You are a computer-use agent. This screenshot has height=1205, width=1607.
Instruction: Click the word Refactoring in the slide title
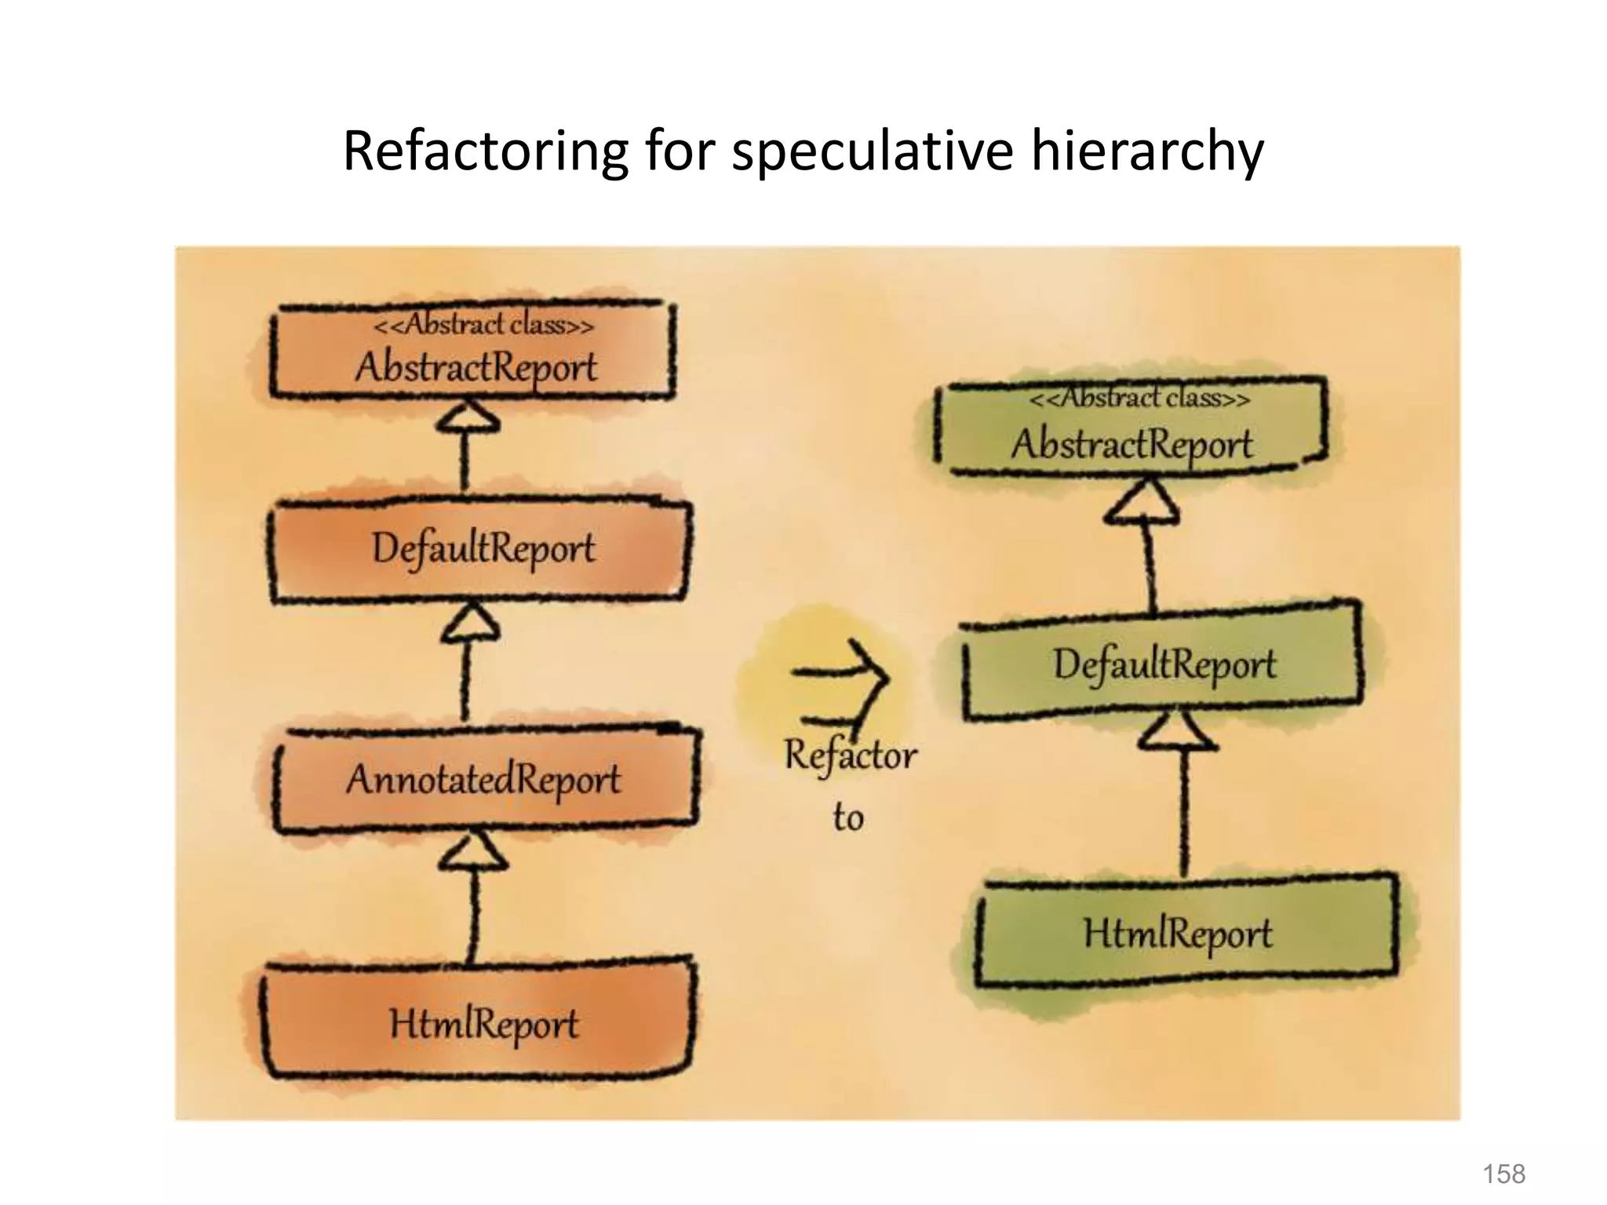point(485,151)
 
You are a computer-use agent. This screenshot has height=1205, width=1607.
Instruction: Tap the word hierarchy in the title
point(1146,151)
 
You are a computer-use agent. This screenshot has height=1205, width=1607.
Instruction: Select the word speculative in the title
point(873,151)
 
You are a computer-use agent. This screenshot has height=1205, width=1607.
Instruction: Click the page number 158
point(1503,1174)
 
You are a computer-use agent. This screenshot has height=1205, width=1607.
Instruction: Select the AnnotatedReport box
point(483,780)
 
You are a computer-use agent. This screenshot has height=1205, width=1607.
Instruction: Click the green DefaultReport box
point(1163,665)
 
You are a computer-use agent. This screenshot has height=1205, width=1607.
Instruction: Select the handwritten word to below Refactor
point(847,817)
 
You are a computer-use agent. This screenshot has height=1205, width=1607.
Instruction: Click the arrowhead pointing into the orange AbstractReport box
point(468,417)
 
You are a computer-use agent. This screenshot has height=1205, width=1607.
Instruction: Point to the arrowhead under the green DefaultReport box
point(1178,731)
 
